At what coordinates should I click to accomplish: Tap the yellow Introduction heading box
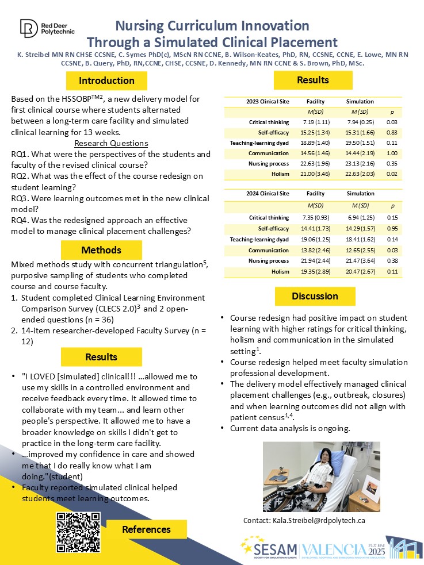pos(106,80)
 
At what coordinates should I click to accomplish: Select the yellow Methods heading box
pos(101,250)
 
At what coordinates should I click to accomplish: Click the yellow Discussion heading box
pos(315,297)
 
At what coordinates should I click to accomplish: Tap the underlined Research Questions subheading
pos(112,143)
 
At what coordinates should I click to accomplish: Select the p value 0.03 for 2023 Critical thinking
pos(392,122)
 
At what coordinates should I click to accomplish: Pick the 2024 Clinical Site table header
pos(268,194)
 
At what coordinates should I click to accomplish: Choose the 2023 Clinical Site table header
pos(268,101)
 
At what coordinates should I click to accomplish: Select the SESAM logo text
pos(272,549)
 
